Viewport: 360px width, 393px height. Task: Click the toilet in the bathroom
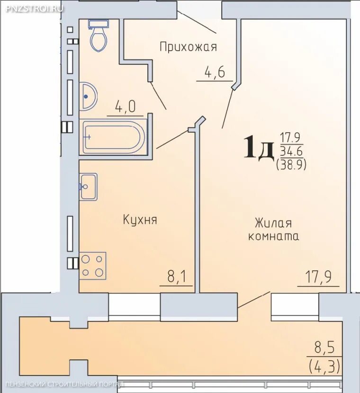(x=99, y=37)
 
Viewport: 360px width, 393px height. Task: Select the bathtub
(x=113, y=137)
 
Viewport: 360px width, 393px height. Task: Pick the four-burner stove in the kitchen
(x=92, y=266)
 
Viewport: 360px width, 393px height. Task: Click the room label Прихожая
(x=188, y=47)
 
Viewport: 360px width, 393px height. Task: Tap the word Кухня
(x=140, y=220)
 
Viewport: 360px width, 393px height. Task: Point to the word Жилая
(x=273, y=223)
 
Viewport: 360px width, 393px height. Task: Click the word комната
(x=273, y=236)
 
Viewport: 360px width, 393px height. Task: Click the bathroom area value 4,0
(x=125, y=107)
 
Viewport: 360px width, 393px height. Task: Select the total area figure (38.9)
(x=291, y=164)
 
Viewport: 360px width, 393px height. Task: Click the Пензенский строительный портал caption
(x=62, y=384)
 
